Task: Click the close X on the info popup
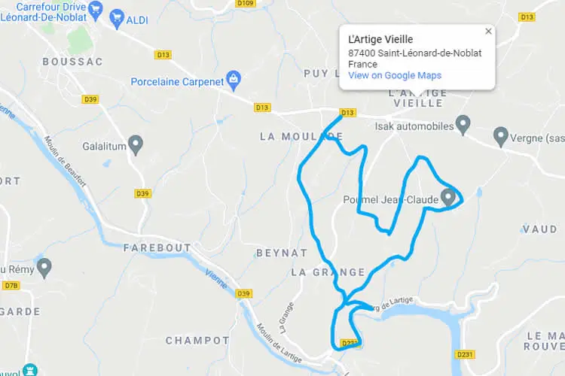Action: pyautogui.click(x=488, y=32)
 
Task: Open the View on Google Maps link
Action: pyautogui.click(x=395, y=75)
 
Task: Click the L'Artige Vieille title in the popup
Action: pyautogui.click(x=380, y=39)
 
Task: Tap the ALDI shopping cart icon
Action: pyautogui.click(x=116, y=18)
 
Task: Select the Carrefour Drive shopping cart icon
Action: pyautogui.click(x=95, y=10)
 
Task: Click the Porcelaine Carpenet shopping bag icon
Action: pyautogui.click(x=234, y=78)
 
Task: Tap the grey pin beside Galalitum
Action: pyautogui.click(x=136, y=143)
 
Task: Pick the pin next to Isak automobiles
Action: pyautogui.click(x=463, y=123)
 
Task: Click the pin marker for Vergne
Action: pyautogui.click(x=500, y=136)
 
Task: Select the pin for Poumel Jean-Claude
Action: pyautogui.click(x=449, y=197)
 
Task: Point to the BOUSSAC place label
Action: pyautogui.click(x=72, y=62)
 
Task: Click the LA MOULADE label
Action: pyautogui.click(x=301, y=136)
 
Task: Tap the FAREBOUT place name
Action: pyautogui.click(x=157, y=247)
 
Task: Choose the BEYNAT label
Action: pyautogui.click(x=282, y=253)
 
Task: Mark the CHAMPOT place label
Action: pyautogui.click(x=197, y=341)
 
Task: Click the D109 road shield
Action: pyautogui.click(x=246, y=3)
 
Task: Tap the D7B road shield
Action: pyautogui.click(x=11, y=286)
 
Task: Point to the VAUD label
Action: pyautogui.click(x=539, y=229)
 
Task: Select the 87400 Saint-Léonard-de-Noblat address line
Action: pyautogui.click(x=415, y=53)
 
